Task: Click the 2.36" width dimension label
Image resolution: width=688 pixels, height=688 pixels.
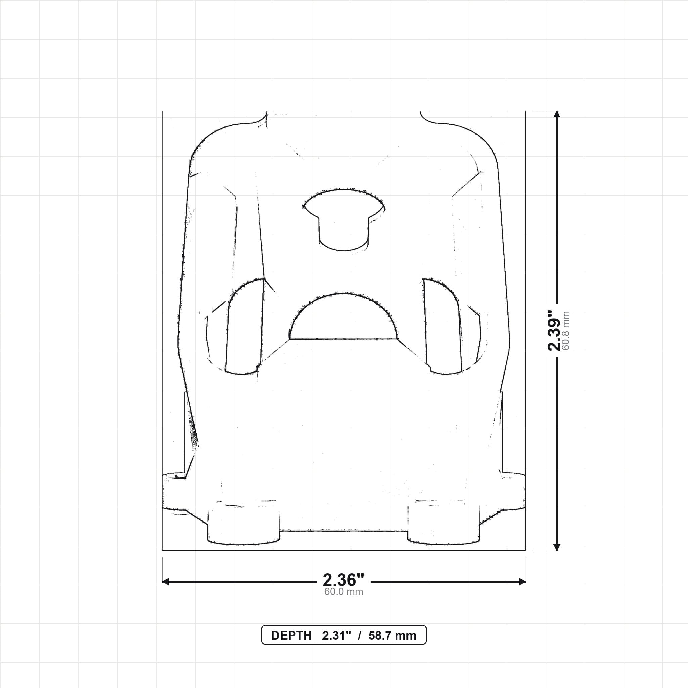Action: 343,580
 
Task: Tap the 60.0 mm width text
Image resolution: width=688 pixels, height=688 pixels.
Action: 343,592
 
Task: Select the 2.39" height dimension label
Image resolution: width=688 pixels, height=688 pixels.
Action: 554,331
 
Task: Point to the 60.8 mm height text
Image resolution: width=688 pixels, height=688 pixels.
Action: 565,331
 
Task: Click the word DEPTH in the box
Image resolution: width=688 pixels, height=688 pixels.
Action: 291,636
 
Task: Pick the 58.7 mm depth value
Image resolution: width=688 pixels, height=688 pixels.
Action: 392,636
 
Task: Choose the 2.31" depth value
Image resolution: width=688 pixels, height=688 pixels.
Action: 337,636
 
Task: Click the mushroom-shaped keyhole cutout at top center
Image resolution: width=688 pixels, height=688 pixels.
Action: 344,220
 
